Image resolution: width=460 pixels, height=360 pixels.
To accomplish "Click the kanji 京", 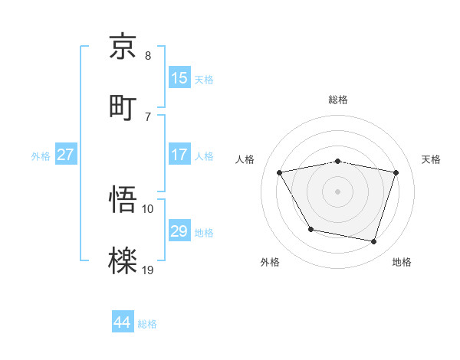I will point(123,47).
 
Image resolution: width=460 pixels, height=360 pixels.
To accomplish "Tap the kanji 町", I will point(123,106).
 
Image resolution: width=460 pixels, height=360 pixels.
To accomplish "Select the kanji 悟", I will point(123,200).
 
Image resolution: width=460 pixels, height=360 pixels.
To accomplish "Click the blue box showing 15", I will point(179,78).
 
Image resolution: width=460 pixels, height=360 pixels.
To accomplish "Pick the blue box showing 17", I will point(179,155).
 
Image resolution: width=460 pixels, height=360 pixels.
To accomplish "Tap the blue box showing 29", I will point(179,231).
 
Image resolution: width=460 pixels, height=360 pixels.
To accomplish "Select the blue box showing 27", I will point(65,155).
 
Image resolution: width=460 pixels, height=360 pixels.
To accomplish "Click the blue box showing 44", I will point(123,322).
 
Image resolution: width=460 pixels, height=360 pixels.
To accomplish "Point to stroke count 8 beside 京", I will point(148,56).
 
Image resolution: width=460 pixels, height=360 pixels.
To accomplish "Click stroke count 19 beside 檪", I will point(148,270).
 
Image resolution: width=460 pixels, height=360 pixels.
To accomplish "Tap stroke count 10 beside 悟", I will point(148,208).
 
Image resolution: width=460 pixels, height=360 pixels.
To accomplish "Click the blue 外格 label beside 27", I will point(41,155).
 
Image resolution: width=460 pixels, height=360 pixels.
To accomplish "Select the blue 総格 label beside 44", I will point(147,324).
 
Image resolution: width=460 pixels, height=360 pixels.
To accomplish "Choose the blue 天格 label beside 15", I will point(204,79).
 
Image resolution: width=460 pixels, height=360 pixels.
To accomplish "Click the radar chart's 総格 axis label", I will point(338,100).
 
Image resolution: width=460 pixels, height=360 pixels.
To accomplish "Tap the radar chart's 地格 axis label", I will point(402,263).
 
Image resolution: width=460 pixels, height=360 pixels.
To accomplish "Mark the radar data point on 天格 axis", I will point(396,172).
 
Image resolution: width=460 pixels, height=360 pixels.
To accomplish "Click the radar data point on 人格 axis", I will point(280,172).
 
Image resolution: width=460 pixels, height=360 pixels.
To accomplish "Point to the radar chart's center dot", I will point(338,191).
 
